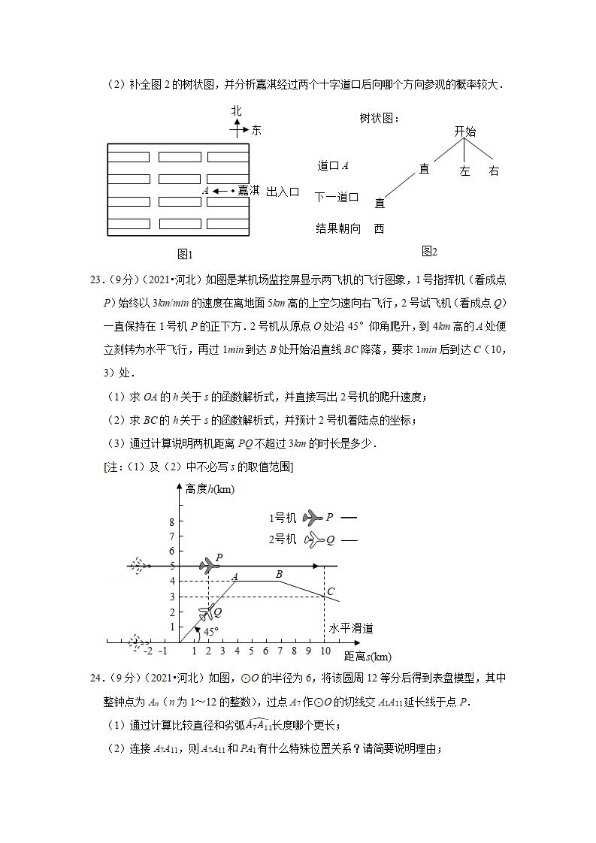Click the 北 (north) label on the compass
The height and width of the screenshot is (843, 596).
point(237,110)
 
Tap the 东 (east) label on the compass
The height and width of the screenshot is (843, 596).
point(256,130)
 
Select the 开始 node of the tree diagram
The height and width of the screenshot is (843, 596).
point(465,131)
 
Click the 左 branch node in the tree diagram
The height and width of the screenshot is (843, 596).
point(464,171)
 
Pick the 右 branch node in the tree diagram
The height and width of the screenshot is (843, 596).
point(494,171)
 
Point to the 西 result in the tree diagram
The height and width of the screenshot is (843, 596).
point(379,228)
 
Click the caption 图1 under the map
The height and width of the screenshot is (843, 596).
point(185,254)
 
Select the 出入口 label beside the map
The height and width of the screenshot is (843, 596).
point(283,192)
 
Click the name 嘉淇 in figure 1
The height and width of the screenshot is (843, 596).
point(248,191)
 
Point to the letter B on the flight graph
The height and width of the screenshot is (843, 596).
point(280,575)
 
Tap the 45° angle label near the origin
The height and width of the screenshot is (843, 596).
point(210,631)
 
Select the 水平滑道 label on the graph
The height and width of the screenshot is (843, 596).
point(351,628)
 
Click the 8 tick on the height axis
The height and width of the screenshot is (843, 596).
point(171,522)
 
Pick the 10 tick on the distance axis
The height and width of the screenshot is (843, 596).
point(324,651)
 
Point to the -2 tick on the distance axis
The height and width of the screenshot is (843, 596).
point(148,651)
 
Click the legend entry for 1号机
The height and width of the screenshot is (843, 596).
point(283,518)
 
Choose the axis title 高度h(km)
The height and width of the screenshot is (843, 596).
point(209,490)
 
